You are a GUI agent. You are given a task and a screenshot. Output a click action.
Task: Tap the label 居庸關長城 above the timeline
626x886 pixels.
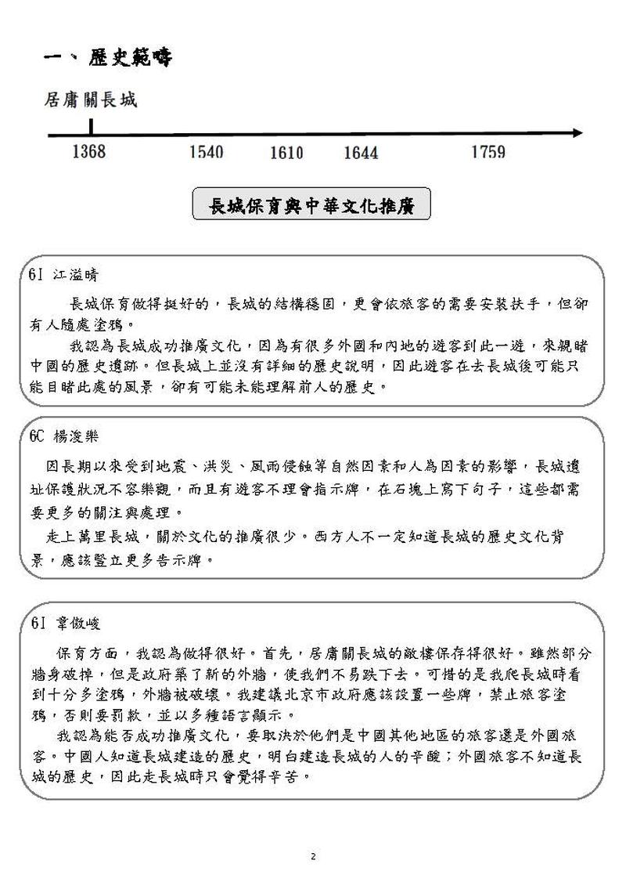[x=91, y=100]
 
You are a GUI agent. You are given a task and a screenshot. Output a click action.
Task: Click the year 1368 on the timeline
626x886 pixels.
[x=88, y=151]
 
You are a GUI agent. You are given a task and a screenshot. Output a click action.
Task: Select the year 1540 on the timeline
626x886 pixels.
[x=206, y=152]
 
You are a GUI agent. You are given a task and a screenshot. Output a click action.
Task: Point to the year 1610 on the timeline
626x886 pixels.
[x=286, y=153]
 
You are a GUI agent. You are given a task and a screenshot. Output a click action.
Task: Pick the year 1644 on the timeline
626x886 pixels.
[x=361, y=153]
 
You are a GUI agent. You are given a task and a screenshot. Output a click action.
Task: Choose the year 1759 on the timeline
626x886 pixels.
[x=487, y=152]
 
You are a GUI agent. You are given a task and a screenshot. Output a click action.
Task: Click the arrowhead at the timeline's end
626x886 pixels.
[x=577, y=133]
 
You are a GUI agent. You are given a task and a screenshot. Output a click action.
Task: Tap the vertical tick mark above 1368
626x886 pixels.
[x=91, y=126]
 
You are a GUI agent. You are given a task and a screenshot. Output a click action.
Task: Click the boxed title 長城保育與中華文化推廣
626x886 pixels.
[x=311, y=206]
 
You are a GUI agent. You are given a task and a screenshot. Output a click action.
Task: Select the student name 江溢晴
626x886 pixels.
[x=76, y=276]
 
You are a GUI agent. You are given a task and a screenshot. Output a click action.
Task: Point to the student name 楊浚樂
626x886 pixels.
[x=77, y=436]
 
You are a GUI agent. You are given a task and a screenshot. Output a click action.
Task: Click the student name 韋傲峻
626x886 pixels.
[x=77, y=624]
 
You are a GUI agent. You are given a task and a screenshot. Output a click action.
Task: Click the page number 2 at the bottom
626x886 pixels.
[x=313, y=856]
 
